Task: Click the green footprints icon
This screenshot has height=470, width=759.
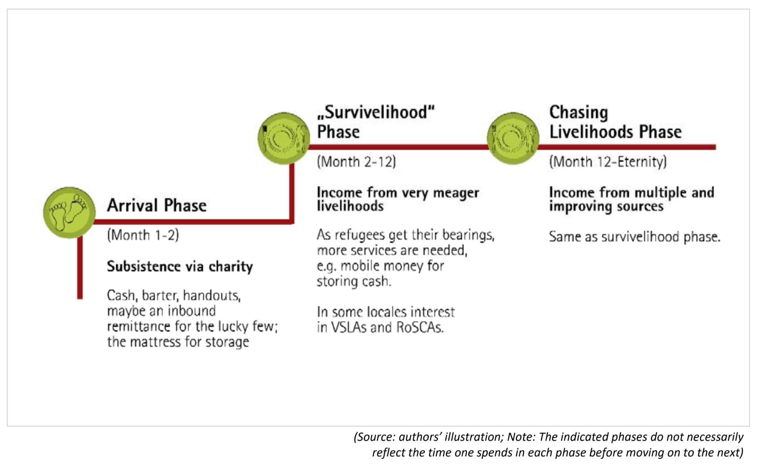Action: click(x=69, y=212)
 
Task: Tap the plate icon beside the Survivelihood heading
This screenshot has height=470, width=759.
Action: click(x=283, y=138)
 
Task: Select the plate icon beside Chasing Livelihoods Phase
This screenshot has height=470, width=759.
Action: click(x=513, y=138)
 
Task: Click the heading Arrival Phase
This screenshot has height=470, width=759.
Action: click(x=157, y=206)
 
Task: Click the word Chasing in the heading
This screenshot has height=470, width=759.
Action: click(x=578, y=112)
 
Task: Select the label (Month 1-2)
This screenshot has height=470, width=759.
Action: click(x=143, y=235)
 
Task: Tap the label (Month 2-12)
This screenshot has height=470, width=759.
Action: click(x=356, y=162)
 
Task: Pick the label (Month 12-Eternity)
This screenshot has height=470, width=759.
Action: click(x=608, y=162)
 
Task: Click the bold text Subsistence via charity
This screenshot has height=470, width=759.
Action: click(x=180, y=266)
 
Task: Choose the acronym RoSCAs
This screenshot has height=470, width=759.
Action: click(x=420, y=327)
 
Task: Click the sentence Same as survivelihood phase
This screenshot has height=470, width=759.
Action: click(x=634, y=237)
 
